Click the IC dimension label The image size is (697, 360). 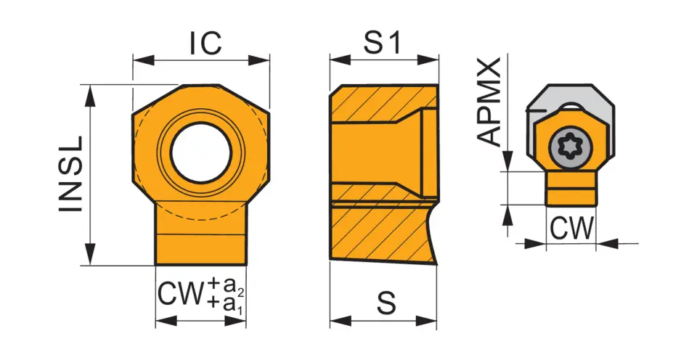pyautogui.click(x=205, y=43)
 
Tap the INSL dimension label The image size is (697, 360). pyautogui.click(x=71, y=173)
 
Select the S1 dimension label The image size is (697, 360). pyautogui.click(x=383, y=43)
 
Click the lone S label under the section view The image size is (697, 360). pyautogui.click(x=386, y=303)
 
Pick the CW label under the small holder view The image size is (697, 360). pyautogui.click(x=571, y=229)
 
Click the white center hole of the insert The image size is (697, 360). pyautogui.click(x=201, y=152)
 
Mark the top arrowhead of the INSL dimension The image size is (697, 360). pyautogui.click(x=90, y=94)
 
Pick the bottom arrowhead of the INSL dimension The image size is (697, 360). pyautogui.click(x=90, y=255)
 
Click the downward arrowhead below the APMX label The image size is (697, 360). pyautogui.click(x=508, y=160)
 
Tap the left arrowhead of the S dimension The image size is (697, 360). pyautogui.click(x=341, y=321)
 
